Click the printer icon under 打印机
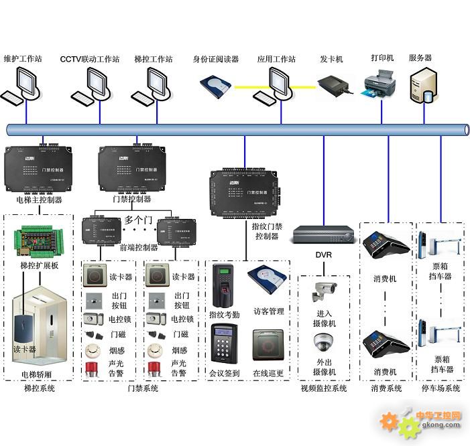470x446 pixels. click(379, 85)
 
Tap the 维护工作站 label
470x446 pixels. click(23, 59)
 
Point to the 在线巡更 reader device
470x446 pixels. click(268, 346)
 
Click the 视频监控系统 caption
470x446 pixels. click(324, 388)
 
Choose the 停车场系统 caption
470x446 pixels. click(440, 388)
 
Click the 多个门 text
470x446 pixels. click(138, 220)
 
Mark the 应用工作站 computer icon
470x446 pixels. click(276, 86)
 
